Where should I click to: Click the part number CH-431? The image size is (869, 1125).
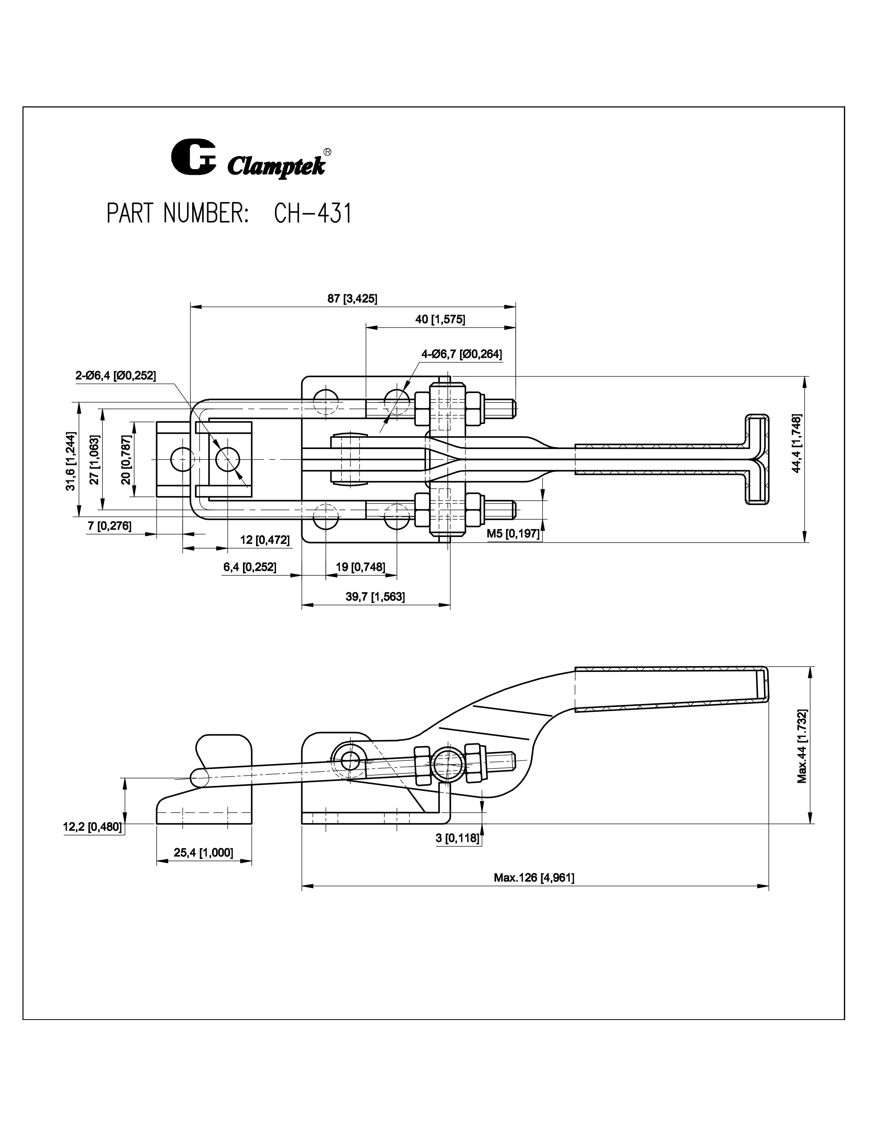point(312,214)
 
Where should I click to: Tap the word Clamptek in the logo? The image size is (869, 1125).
point(276,166)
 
